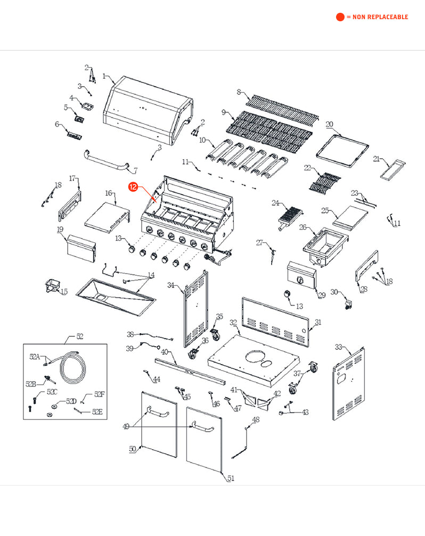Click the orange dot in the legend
pos(340,17)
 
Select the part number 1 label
pos(104,76)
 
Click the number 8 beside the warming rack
pos(239,92)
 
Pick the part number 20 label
pos(329,125)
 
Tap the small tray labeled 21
pos(393,168)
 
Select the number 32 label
pos(233,323)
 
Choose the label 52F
pos(99,394)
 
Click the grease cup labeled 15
pos(52,285)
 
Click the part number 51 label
pos(231,479)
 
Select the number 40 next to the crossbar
pos(165,352)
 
